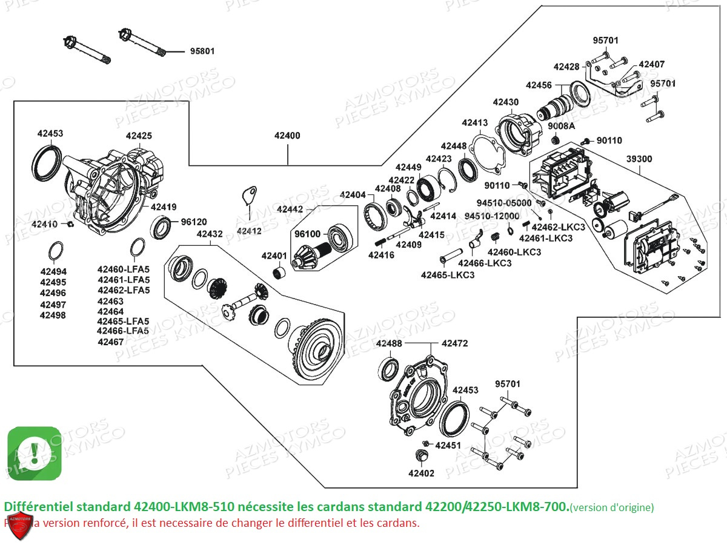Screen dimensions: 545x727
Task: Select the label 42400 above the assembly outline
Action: click(287, 136)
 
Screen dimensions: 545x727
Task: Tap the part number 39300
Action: click(639, 159)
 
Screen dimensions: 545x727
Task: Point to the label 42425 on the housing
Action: click(139, 136)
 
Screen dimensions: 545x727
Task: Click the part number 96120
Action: click(194, 222)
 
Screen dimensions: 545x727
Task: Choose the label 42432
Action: click(209, 234)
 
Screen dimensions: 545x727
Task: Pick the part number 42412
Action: click(249, 231)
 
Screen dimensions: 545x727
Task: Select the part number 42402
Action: click(421, 474)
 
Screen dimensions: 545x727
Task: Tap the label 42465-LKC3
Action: click(448, 275)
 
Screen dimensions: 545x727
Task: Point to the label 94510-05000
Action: click(504, 203)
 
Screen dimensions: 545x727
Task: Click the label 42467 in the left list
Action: click(110, 342)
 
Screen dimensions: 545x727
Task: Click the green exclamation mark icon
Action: click(34, 453)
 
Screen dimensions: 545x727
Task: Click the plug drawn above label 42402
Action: click(422, 455)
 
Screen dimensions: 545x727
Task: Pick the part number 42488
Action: click(388, 343)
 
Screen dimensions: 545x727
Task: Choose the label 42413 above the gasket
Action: click(474, 123)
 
